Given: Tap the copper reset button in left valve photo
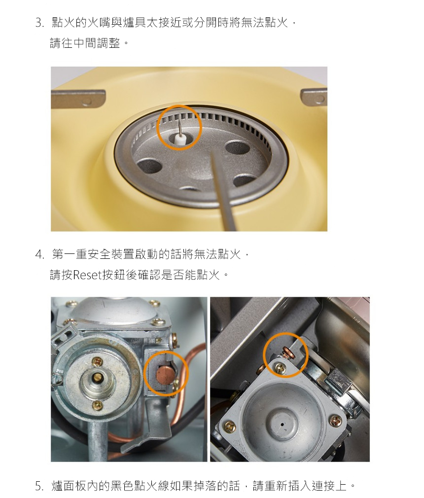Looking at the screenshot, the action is pos(165,373).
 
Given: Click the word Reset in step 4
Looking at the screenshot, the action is pos(87,275).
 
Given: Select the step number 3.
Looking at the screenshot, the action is pos(39,23).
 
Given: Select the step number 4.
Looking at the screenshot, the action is pos(39,255).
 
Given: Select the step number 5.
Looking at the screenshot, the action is pos(39,486).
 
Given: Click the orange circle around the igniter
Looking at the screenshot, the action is pos(179,106).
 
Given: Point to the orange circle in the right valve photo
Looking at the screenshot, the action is pos(285,333).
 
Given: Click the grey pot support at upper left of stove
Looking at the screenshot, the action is pos(78,98).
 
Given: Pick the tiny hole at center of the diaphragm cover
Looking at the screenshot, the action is pos(282,424).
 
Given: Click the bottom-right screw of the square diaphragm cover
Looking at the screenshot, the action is pos(335,421).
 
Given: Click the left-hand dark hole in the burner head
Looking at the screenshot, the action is pos(148,166).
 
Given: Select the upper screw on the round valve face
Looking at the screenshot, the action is pos(96,361).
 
